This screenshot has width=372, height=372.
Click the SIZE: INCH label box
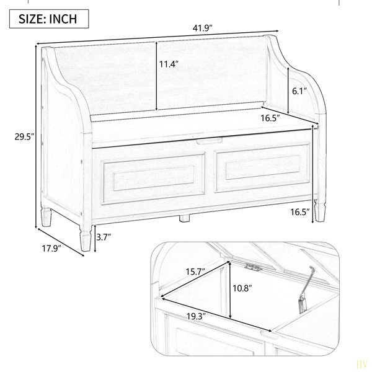coord(49,19)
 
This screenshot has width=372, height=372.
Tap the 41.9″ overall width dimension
coord(202,28)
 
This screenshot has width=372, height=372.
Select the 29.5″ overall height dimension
coord(24,136)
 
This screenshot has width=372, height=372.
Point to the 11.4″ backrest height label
coord(169,64)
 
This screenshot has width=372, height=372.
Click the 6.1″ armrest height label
coord(299,91)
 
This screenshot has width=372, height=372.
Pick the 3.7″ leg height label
coord(104,237)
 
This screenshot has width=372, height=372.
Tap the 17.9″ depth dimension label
coord(51,249)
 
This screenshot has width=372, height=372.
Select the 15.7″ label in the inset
coord(195,272)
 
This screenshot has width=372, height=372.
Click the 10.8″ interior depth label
coord(242,288)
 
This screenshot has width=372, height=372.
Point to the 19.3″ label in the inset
coord(196,316)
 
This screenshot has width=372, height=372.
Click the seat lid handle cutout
coord(210,141)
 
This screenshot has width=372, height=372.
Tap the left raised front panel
coord(154,179)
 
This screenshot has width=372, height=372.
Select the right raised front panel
coord(262,167)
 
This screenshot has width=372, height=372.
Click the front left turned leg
coord(86,238)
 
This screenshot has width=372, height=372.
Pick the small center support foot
coord(184,218)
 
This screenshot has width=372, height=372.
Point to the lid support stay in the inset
coord(307,290)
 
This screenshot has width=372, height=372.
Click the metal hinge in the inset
coord(253,267)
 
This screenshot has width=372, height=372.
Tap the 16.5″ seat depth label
coord(270,118)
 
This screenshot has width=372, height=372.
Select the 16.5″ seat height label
coord(300,212)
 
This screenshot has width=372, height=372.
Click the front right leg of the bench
coord(320,210)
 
